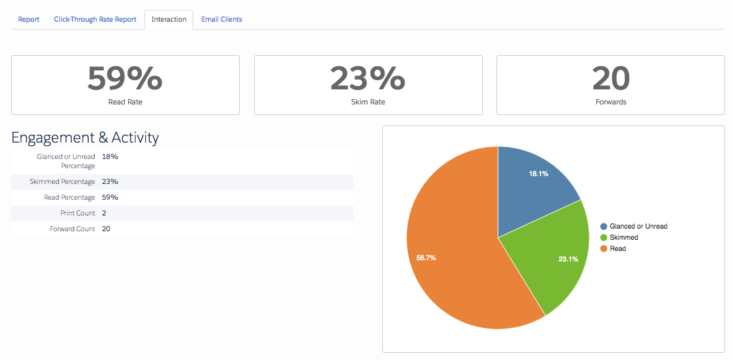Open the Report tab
(x=28, y=20)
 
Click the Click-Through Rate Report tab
(x=95, y=20)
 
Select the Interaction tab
(x=169, y=20)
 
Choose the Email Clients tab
(x=221, y=20)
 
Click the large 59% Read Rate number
(x=125, y=78)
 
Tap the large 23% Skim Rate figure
(x=367, y=78)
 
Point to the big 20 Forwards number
(x=611, y=78)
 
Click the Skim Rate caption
(x=368, y=101)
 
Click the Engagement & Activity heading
(x=85, y=137)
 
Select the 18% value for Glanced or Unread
(x=110, y=156)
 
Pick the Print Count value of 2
(x=104, y=214)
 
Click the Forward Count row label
(x=72, y=229)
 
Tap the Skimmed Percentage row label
(x=62, y=181)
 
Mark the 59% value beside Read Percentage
(x=110, y=197)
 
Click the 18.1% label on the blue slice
(x=539, y=173)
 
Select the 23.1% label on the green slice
(x=568, y=259)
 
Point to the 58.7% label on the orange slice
(x=426, y=258)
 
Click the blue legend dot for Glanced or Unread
(x=604, y=226)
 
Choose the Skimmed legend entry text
(x=624, y=238)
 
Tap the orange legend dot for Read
(x=604, y=249)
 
